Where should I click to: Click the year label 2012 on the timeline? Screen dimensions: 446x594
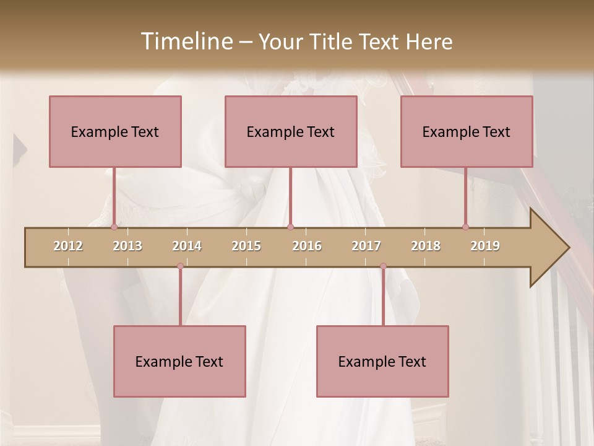68,246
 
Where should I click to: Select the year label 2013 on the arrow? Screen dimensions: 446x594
127,246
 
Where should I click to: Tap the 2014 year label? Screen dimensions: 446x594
187,246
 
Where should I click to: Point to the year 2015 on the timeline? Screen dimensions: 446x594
246,246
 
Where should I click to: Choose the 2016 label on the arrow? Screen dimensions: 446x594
307,246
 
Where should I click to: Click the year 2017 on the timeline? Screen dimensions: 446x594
366,246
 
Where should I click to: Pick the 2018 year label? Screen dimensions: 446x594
426,246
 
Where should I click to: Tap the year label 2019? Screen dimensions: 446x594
485,246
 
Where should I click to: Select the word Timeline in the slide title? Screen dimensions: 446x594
185,42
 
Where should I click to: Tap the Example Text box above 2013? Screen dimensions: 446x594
115,131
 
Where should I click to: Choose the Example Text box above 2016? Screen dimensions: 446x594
291,131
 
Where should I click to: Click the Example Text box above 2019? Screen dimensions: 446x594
467,131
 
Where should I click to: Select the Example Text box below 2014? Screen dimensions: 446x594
179,361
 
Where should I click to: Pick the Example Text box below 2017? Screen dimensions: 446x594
382,361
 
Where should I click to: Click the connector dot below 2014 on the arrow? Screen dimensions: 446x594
180,266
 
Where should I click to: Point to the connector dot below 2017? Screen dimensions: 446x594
383,266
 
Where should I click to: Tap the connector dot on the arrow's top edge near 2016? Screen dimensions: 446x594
290,227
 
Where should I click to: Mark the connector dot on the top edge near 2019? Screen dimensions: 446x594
465,227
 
